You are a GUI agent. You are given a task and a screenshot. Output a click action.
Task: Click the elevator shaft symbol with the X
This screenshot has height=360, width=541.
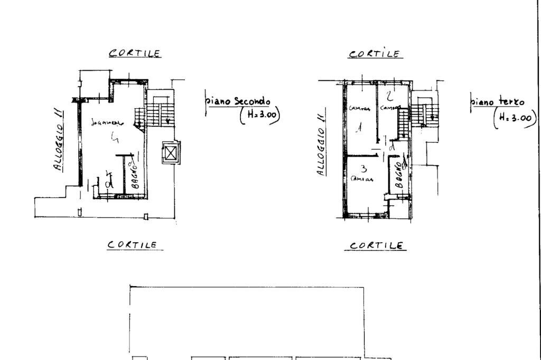(171, 154)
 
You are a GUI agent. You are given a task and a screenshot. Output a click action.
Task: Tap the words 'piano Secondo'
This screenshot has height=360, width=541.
(239, 101)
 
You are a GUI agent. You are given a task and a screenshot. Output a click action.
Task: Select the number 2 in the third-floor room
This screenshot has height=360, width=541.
(389, 96)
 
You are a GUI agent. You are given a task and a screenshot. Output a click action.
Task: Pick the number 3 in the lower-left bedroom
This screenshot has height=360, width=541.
(363, 169)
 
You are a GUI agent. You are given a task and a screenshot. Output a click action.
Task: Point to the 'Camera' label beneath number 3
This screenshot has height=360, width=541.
(362, 179)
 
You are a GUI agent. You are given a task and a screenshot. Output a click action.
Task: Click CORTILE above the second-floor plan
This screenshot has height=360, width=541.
(135, 53)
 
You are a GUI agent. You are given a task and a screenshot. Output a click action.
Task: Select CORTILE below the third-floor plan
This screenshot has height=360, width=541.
(378, 245)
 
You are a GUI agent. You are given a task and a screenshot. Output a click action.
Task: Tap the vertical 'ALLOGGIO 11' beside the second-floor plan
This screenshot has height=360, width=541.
(59, 139)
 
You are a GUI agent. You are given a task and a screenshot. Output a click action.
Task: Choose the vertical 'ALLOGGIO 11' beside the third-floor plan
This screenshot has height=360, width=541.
(321, 145)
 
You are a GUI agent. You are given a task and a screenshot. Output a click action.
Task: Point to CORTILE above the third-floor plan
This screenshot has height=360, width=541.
(375, 54)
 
